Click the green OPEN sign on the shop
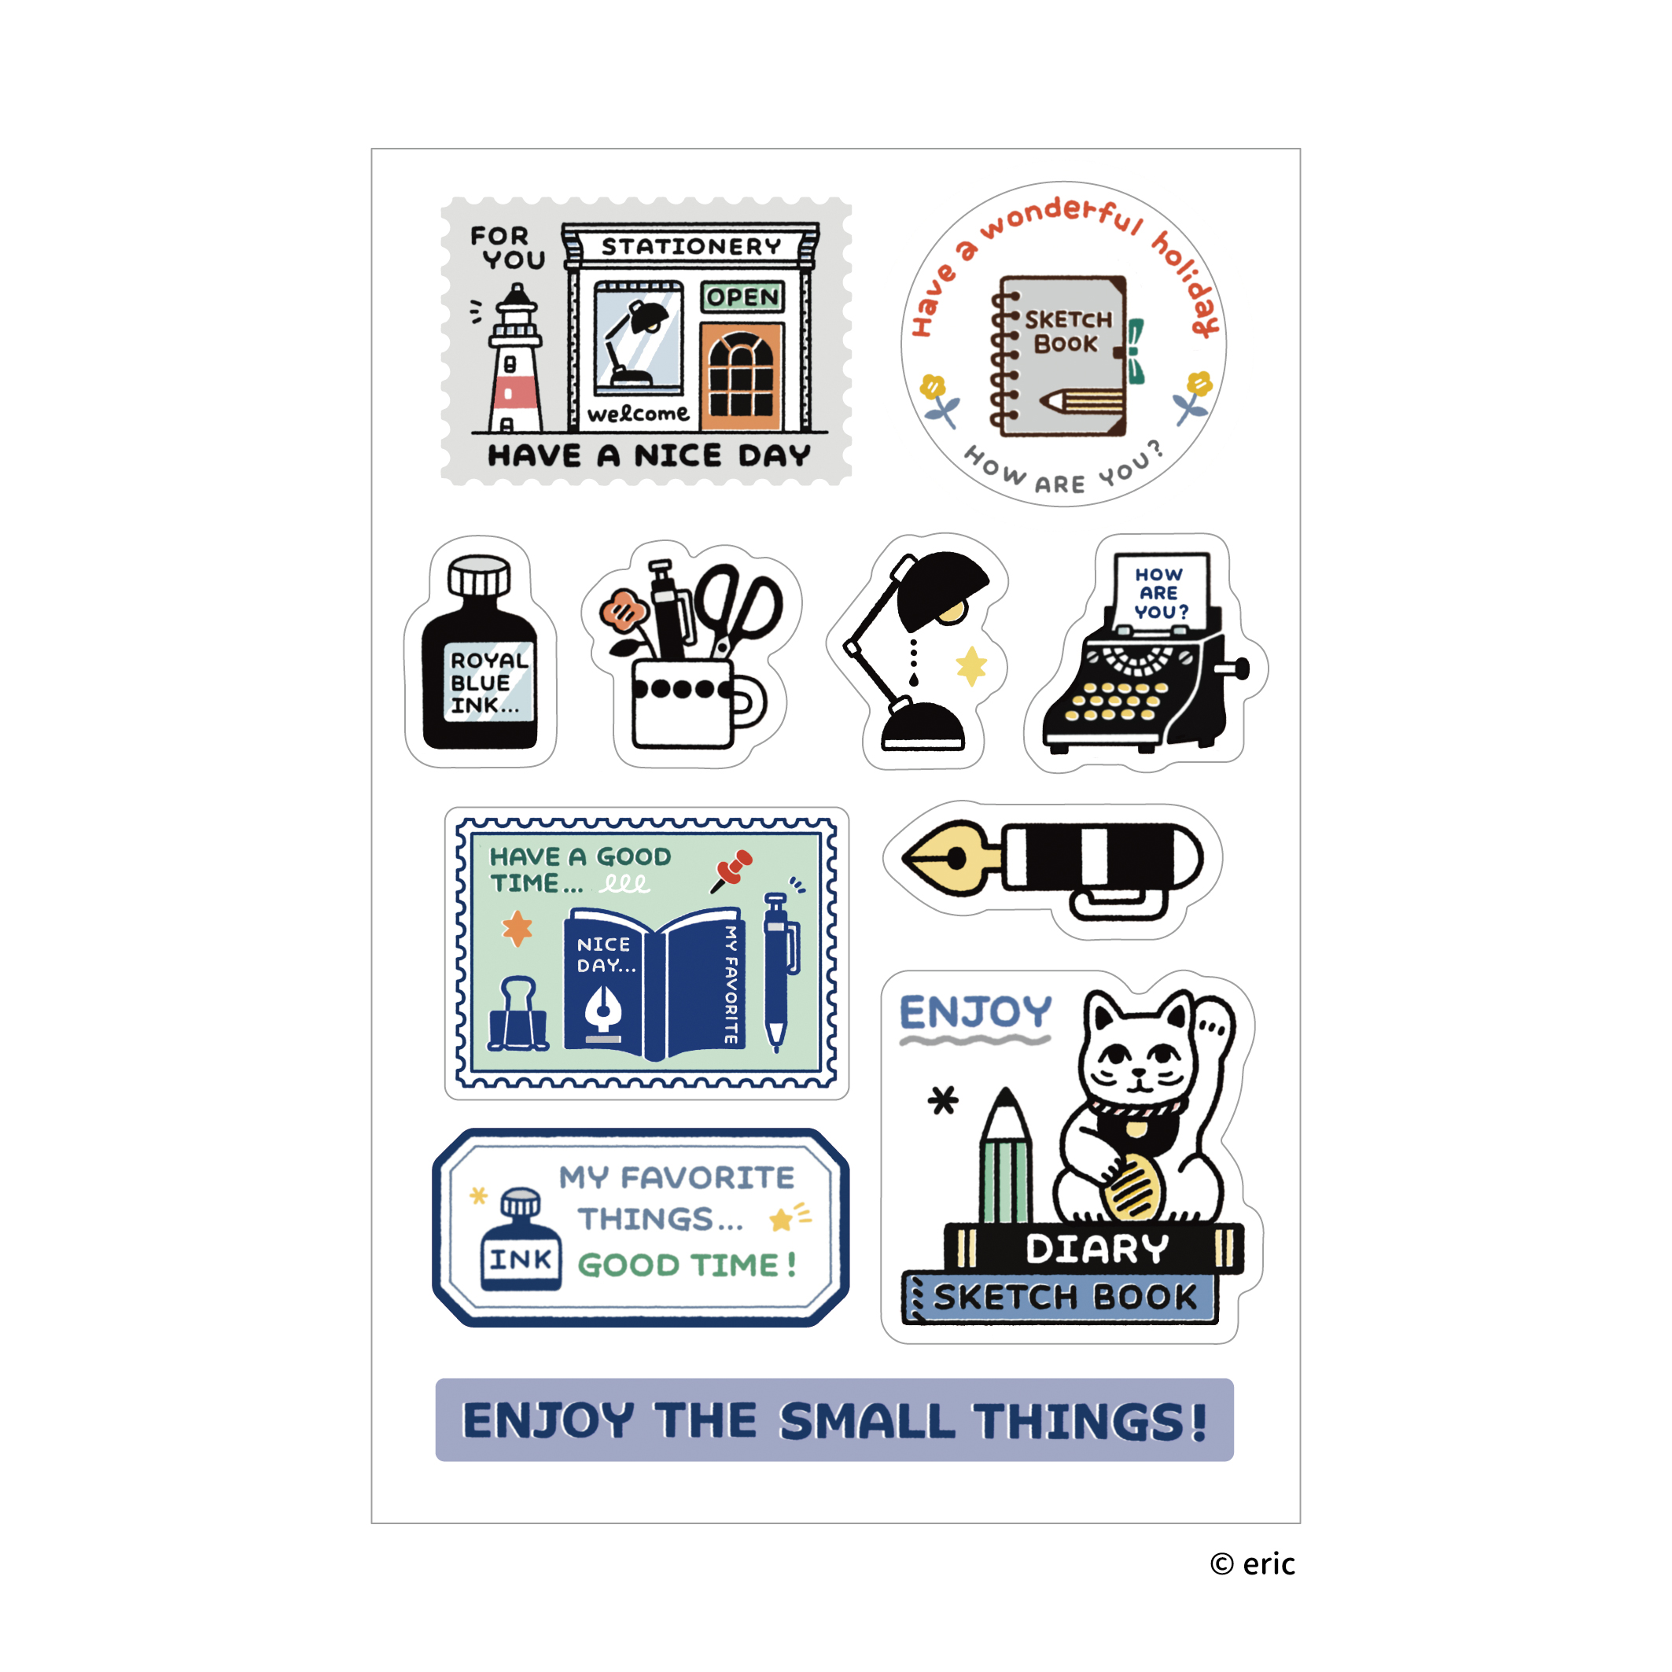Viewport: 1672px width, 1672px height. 742,296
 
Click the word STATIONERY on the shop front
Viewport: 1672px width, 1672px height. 691,247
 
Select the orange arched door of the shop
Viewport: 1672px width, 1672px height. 742,377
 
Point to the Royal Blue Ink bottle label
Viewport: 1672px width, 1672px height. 489,683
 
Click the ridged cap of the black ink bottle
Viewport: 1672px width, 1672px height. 479,576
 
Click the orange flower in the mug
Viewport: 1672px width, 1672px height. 623,610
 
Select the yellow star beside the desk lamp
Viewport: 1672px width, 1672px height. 971,665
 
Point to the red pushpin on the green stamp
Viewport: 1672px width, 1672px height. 734,867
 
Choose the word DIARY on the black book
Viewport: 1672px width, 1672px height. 1096,1249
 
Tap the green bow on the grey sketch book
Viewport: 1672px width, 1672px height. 1135,351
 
